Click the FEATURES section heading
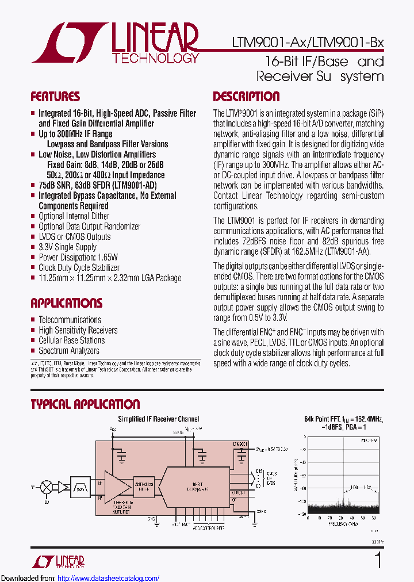pyautogui.click(x=55, y=97)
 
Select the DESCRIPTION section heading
pyautogui.click(x=246, y=97)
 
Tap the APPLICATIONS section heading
pyautogui.click(x=66, y=303)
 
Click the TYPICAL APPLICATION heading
pyautogui.click(x=85, y=404)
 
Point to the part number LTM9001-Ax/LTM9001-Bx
pyautogui.click(x=307, y=43)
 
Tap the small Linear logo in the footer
pyautogui.click(x=64, y=561)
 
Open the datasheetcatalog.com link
pyautogui.click(x=109, y=578)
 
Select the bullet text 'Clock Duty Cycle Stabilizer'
pyautogui.click(x=79, y=267)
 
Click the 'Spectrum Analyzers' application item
pyautogui.click(x=68, y=351)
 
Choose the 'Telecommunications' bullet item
pyautogui.click(x=70, y=320)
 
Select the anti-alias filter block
pyautogui.click(x=144, y=485)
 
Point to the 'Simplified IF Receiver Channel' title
pyautogui.click(x=159, y=419)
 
